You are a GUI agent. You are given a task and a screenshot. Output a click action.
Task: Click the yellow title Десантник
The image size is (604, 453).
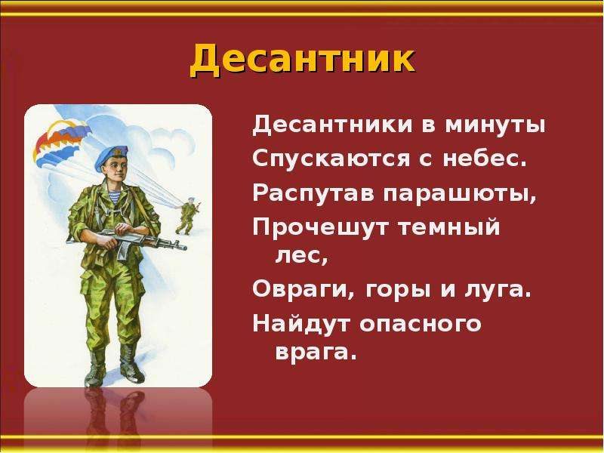[302, 60]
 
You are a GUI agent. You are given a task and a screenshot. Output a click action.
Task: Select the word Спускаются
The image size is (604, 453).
[331, 158]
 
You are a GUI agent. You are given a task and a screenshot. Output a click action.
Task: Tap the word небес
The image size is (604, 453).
[485, 158]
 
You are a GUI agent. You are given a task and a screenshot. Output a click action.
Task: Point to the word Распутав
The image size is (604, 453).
[313, 193]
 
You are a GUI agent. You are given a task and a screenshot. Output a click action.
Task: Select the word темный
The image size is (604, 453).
[448, 226]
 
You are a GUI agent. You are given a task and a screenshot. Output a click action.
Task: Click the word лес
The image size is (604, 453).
[301, 256]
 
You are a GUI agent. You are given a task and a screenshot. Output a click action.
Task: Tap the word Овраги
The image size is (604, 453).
[304, 289]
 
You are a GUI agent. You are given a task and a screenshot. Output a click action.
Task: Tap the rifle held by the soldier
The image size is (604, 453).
[127, 241]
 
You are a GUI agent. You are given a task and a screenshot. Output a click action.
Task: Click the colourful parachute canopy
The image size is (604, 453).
[58, 140]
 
